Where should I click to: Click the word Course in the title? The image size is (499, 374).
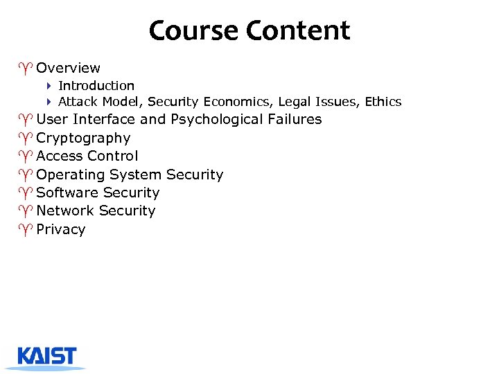pos(193,30)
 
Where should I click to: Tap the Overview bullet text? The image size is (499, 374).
pos(68,68)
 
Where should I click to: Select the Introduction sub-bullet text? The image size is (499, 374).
pos(96,86)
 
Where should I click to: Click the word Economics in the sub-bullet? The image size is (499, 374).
pos(242,102)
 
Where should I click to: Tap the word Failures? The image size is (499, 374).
pos(295,119)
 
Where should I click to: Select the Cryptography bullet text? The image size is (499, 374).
pos(83,139)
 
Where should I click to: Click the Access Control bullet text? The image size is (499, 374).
pos(87,156)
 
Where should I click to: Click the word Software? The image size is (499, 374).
pos(66,193)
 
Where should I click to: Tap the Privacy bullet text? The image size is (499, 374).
pos(61,230)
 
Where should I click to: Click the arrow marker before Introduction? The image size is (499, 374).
pos(50,86)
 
